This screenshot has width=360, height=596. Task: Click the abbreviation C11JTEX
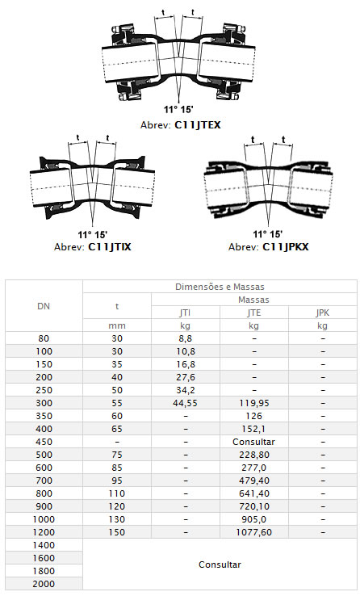tap(198, 124)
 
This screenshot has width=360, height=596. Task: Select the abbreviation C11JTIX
tap(110, 246)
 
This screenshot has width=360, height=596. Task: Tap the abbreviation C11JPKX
tap(286, 246)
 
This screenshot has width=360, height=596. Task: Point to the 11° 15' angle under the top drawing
tap(178, 110)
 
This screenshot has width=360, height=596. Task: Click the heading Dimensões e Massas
tap(220, 287)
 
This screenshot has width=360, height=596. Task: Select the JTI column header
tap(186, 313)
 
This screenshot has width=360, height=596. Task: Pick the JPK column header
tap(322, 313)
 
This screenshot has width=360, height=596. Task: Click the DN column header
tap(44, 306)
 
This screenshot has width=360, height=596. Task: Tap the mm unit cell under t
tap(117, 325)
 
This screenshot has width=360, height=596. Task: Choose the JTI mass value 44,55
tap(186, 403)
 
